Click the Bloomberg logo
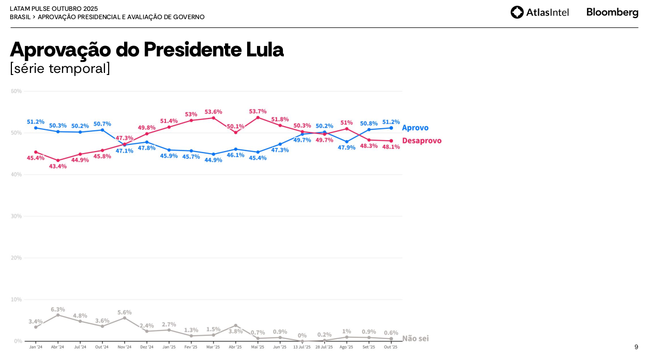coord(612,12)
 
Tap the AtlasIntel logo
coord(539,12)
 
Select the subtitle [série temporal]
coord(60,68)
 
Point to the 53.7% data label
coord(258,111)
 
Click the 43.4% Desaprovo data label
coord(58,166)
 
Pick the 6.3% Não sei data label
coord(58,309)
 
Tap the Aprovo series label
coord(415,128)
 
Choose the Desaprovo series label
coord(422,141)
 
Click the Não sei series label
coord(415,338)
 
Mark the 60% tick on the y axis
coord(16,91)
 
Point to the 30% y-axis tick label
coord(16,216)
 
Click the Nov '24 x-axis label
coord(125,347)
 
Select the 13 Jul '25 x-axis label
coord(302,347)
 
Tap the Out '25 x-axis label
coord(391,347)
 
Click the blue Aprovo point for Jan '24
coord(36,128)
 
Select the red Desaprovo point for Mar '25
coord(213,118)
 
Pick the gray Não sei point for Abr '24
coord(58,315)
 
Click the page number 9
coord(636,347)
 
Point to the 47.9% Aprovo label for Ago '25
coord(346,147)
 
